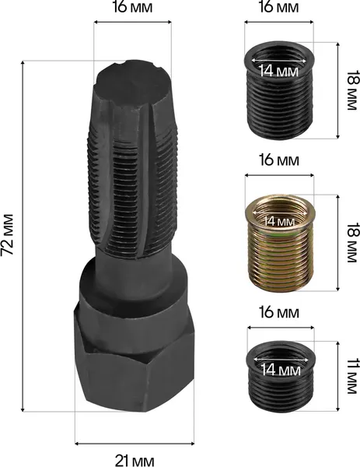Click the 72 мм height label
click(7, 234)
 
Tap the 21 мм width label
click(135, 461)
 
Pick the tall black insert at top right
click(279, 89)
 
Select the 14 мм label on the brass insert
click(279, 221)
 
